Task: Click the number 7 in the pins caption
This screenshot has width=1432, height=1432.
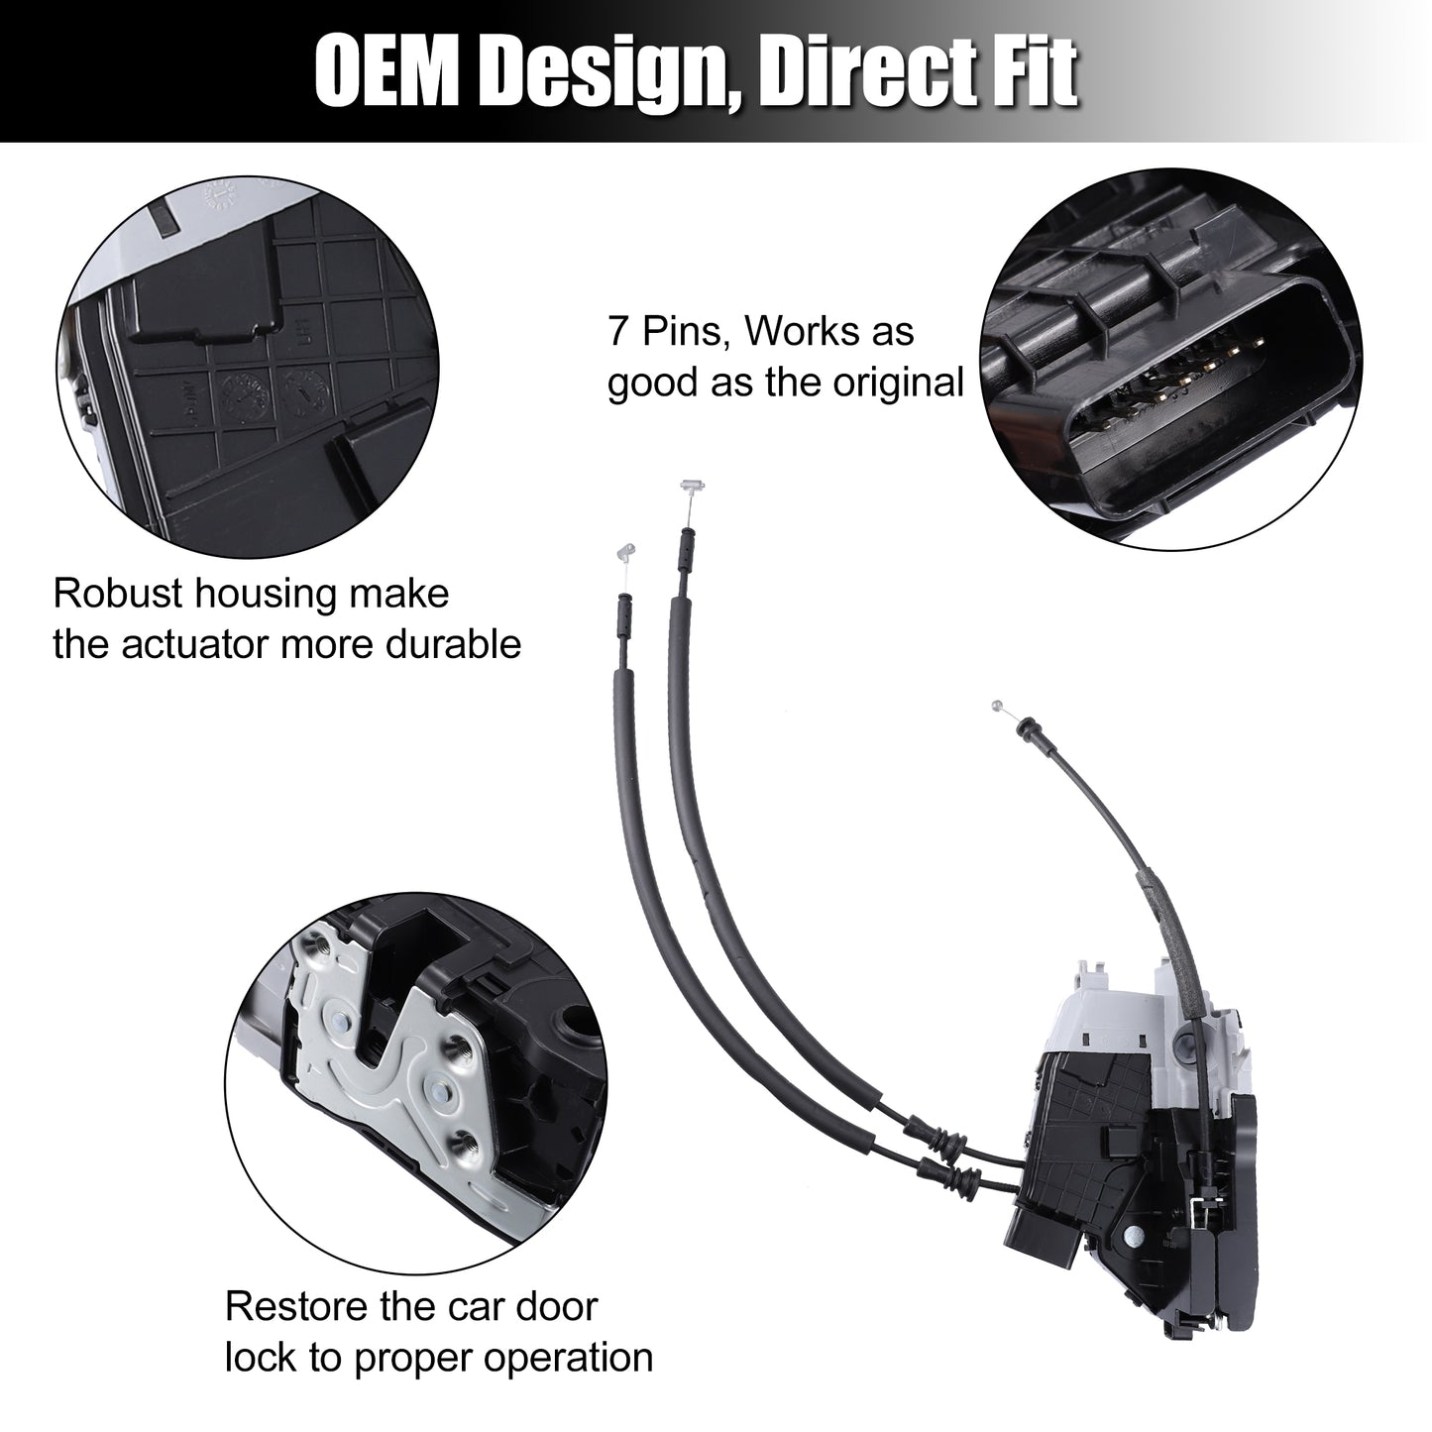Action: pos(617,331)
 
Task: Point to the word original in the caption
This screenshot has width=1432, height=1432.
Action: pos(898,383)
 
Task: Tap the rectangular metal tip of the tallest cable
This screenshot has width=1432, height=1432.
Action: pos(691,488)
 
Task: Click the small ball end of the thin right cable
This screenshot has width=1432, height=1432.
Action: pos(997,705)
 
